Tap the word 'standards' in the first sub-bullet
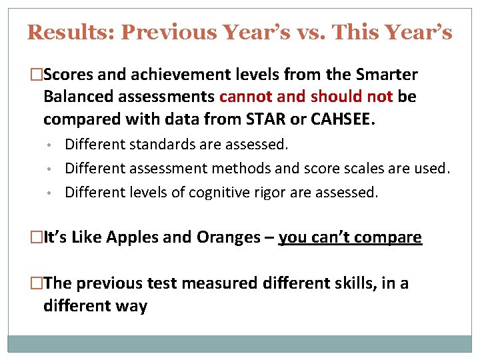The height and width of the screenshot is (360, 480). tap(152, 143)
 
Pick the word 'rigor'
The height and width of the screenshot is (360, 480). tap(273, 193)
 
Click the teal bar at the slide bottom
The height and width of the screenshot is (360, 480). tap(240, 343)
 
